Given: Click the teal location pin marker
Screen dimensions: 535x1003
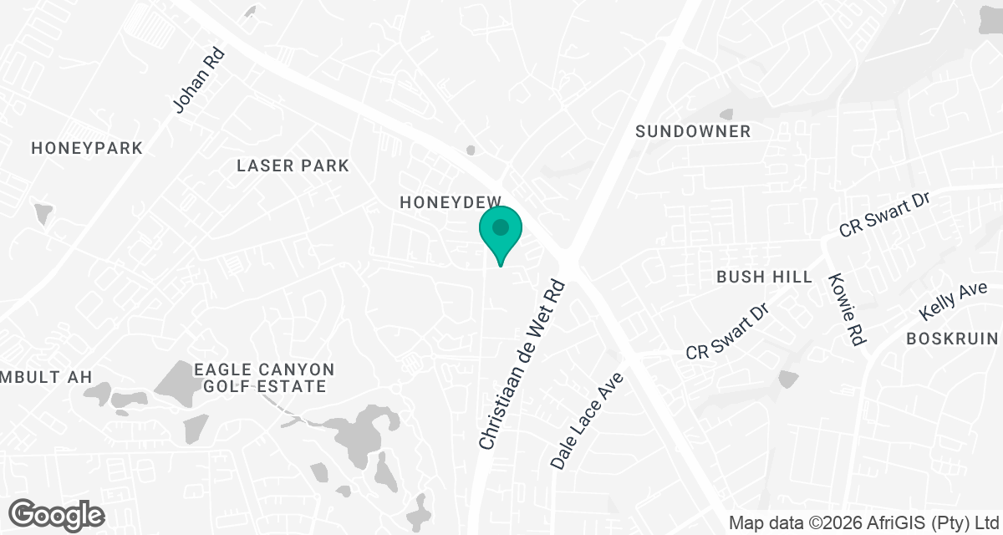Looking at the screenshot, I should pos(501,235).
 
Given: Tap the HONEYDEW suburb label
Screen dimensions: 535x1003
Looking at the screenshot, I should pos(450,202).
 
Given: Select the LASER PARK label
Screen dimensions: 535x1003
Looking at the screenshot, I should pos(293,166).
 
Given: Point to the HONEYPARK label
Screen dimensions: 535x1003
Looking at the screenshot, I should pos(87,148).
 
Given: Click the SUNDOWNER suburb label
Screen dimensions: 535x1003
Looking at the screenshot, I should pos(693,131).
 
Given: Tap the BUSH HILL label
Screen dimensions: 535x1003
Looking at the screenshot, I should pos(764,277).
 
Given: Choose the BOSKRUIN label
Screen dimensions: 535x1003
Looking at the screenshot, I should pos(953,339).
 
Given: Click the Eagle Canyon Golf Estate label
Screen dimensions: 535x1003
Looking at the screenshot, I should pos(264,378).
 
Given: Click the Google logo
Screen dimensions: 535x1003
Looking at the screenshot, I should pos(57,514).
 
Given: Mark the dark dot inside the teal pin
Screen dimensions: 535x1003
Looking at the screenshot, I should pos(501,227).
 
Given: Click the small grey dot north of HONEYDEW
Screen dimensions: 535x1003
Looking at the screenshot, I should pos(471,150).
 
